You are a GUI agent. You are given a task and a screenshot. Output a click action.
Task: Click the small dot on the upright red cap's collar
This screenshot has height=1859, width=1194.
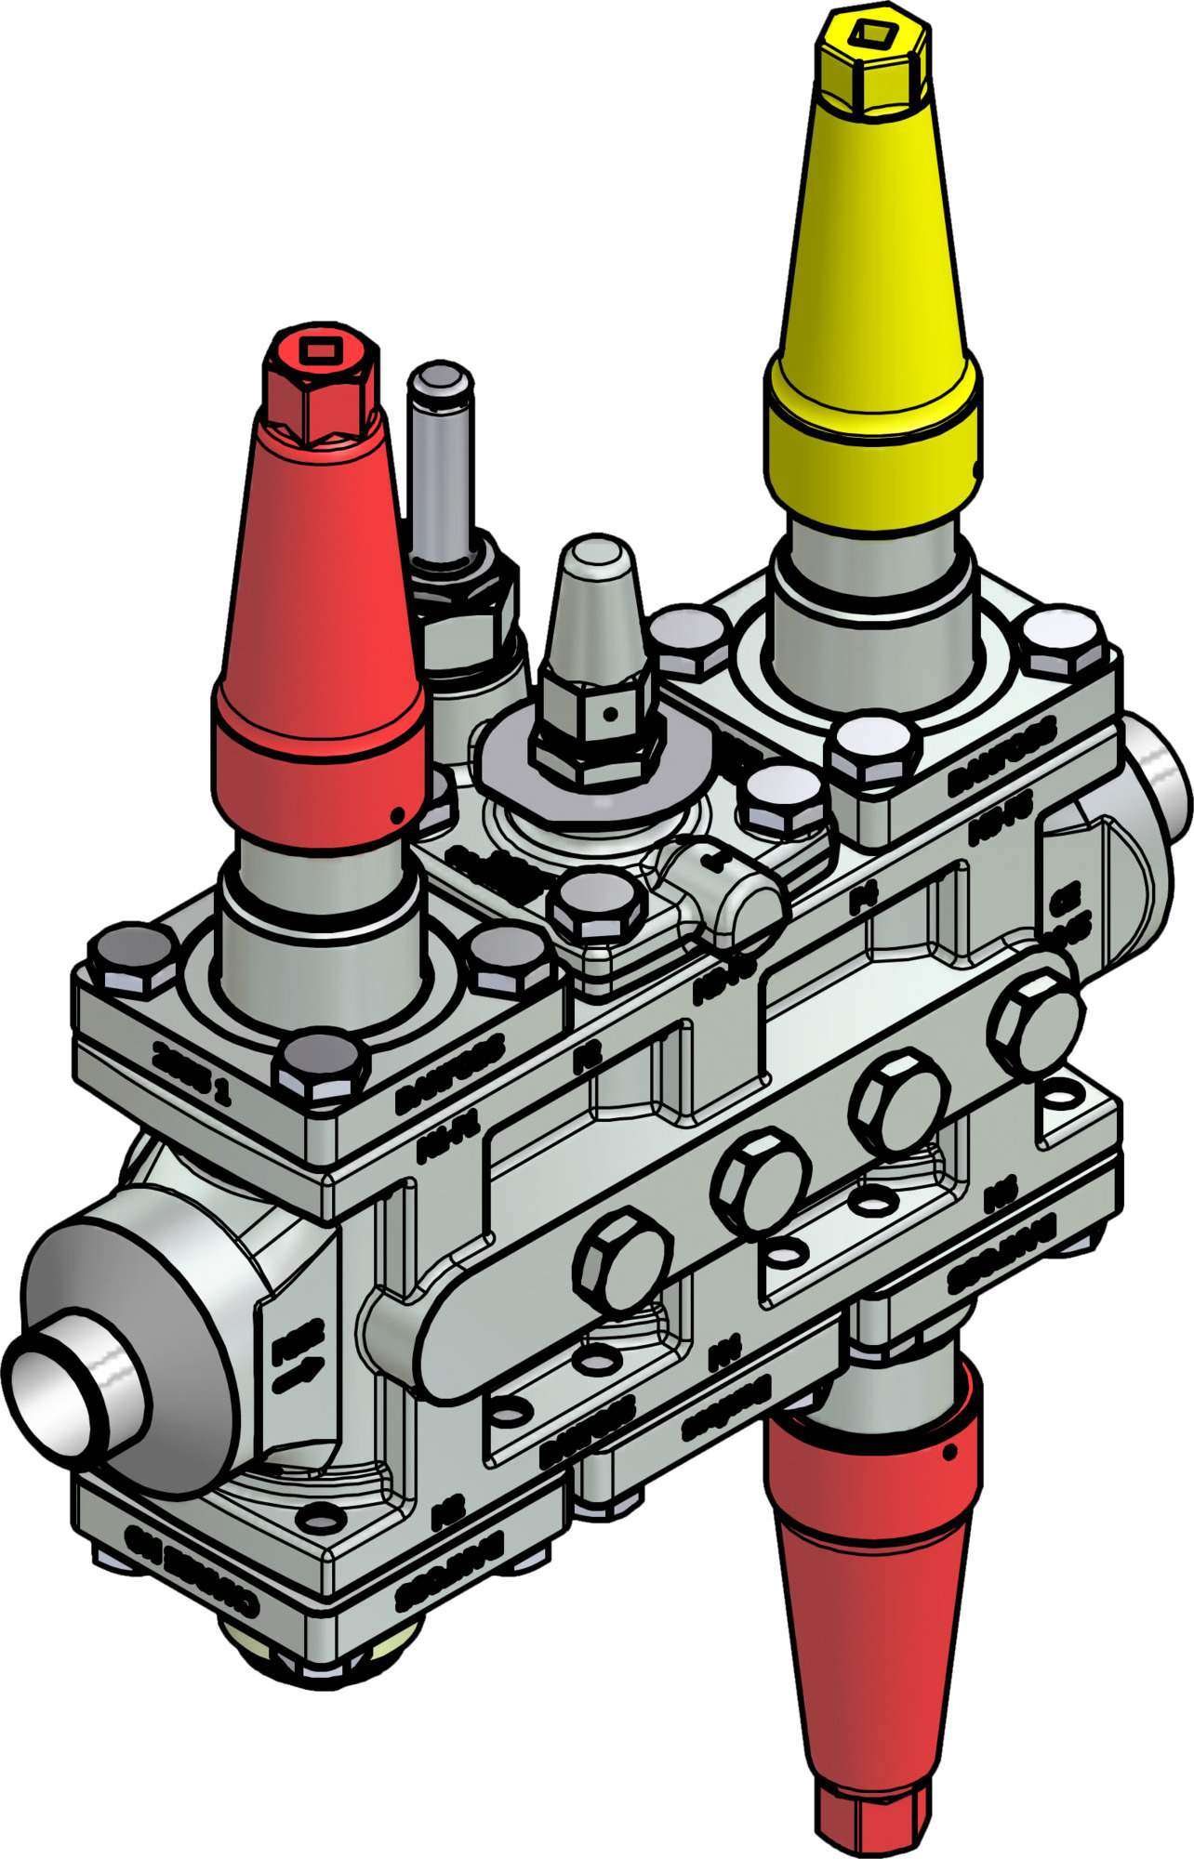397,815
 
